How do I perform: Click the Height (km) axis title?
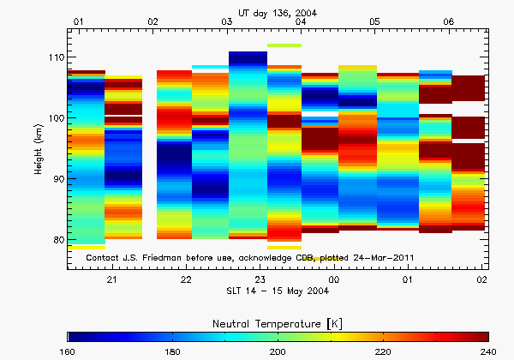39,148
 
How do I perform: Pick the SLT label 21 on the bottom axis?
111,280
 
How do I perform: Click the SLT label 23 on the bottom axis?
260,280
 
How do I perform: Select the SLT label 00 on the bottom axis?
334,280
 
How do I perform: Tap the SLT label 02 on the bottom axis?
482,280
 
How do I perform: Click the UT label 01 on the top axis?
79,20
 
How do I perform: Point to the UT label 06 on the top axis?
448,20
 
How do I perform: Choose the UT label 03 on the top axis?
226,20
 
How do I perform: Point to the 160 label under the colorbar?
69,351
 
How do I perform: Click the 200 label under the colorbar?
278,351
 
